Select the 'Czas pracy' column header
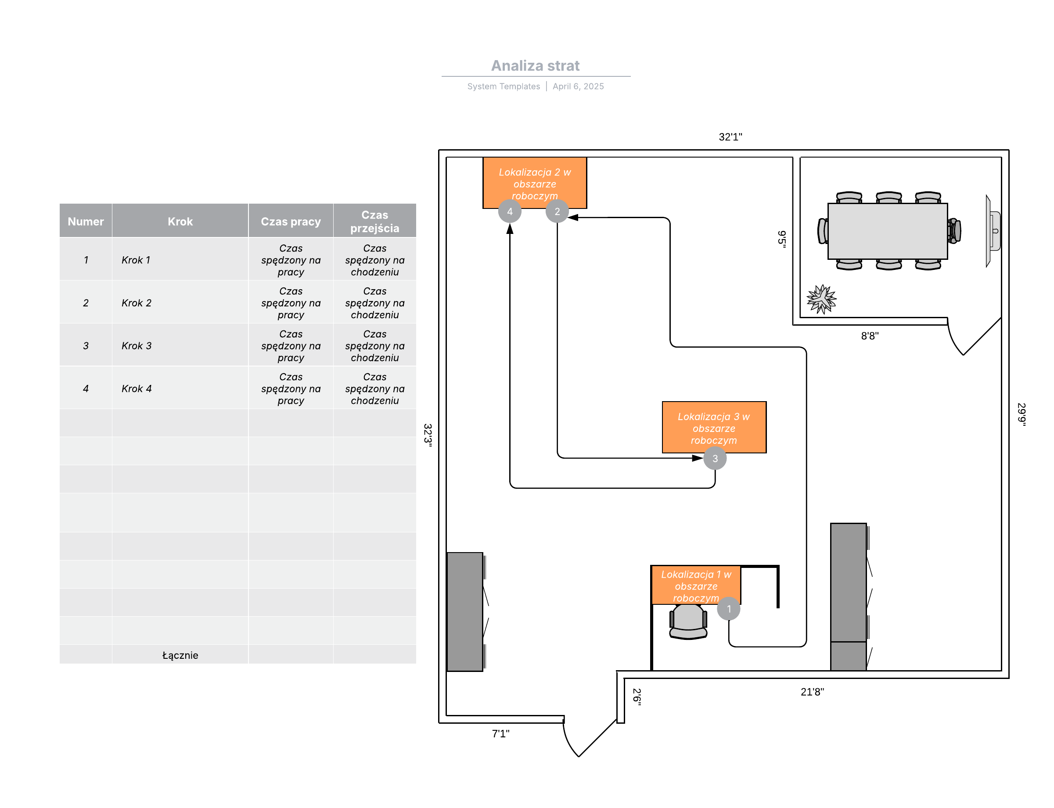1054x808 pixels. (x=291, y=221)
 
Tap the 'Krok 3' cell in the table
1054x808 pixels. (x=136, y=345)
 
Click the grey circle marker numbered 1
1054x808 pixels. (x=728, y=608)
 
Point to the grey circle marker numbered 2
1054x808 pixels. (x=557, y=211)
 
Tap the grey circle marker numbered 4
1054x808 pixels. (x=510, y=211)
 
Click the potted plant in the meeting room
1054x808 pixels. (x=821, y=299)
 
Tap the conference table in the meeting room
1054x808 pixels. (x=887, y=231)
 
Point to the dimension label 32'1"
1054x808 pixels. (x=730, y=136)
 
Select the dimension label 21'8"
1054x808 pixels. (x=812, y=691)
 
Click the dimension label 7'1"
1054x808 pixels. (x=500, y=733)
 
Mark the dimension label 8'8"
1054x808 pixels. (x=869, y=336)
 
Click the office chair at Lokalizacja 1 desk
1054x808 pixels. (x=688, y=621)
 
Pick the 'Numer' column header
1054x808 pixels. (x=86, y=221)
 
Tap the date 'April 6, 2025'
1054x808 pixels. (x=578, y=86)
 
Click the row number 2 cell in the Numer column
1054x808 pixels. (x=86, y=302)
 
